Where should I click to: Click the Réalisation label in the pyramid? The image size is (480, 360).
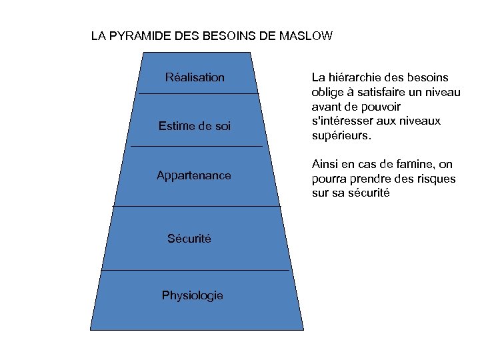195,77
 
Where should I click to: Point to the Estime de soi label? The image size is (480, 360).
195,126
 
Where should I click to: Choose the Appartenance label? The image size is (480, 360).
194,176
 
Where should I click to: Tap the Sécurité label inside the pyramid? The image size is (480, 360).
189,239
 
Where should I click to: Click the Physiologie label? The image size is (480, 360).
193,295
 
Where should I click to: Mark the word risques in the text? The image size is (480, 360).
434,179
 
